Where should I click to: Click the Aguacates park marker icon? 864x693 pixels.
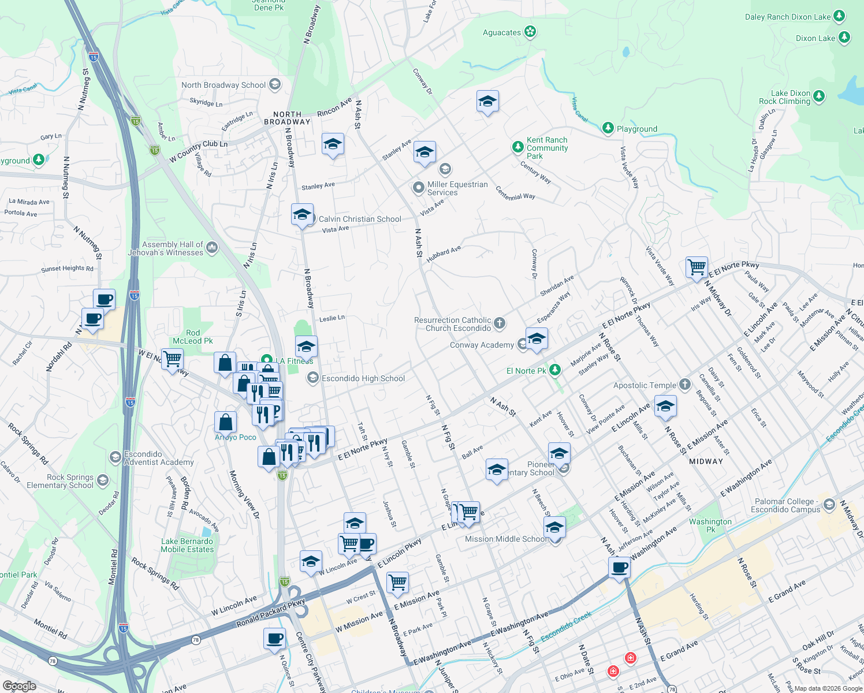click(x=530, y=32)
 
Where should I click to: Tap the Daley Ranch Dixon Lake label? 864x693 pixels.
click(x=787, y=17)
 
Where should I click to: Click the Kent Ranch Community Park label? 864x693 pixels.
click(x=547, y=148)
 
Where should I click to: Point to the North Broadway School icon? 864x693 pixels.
click(x=275, y=85)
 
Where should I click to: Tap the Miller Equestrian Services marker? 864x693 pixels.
click(x=418, y=188)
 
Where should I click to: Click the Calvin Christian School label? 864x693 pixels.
click(x=360, y=219)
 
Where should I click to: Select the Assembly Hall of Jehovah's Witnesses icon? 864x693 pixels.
click(x=212, y=248)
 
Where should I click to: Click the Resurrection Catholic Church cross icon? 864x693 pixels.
click(x=500, y=323)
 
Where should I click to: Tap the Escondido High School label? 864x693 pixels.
click(x=363, y=378)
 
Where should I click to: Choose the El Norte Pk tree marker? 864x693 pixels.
click(x=554, y=370)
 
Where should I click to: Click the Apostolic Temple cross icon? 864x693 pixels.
click(x=684, y=385)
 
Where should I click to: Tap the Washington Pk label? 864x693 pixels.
click(x=710, y=526)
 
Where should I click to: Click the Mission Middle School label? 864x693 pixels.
click(x=505, y=539)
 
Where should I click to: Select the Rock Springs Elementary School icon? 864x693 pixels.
click(x=103, y=480)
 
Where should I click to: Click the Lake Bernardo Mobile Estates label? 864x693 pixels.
click(x=187, y=545)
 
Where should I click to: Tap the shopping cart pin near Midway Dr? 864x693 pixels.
click(x=697, y=267)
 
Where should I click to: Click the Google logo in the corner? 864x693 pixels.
click(x=19, y=685)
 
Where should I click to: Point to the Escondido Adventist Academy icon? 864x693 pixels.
click(x=115, y=457)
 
